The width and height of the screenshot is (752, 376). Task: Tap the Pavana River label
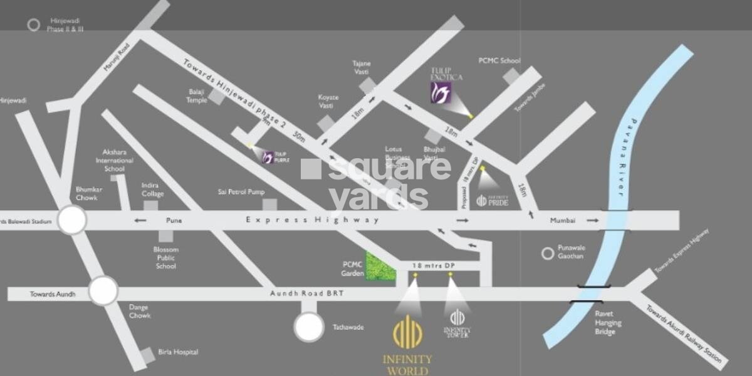627,158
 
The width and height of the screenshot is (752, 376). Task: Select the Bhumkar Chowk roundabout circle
72,220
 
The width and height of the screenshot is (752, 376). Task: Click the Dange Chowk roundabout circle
103,291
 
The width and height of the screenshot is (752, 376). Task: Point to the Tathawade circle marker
309,327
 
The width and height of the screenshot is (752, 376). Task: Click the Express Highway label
312,220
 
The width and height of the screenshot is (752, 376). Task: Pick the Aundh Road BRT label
306,294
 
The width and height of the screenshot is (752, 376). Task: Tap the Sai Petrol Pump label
241,191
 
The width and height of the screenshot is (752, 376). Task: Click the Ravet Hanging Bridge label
608,323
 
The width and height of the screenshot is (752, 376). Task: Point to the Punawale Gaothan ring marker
548,253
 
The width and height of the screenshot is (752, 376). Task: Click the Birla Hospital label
178,352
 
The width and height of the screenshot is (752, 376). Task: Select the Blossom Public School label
165,257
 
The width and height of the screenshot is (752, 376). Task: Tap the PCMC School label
499,61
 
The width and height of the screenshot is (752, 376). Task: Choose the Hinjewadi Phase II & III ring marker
34,24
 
